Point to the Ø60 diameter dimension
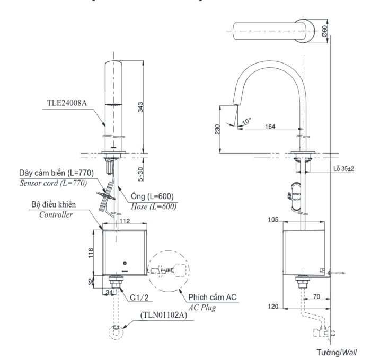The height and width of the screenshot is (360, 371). coord(324,32)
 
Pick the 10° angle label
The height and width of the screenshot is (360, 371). coord(245,120)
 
